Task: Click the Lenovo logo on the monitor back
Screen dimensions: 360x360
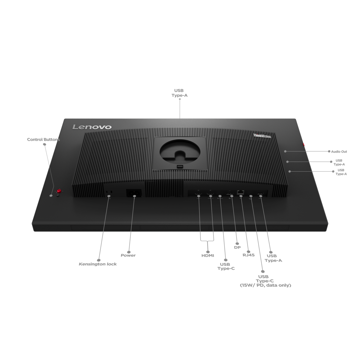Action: point(92,127)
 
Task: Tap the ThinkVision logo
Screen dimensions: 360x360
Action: point(262,136)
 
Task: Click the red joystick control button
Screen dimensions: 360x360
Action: point(59,191)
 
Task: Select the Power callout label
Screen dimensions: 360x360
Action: point(128,255)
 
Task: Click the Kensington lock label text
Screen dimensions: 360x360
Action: point(97,264)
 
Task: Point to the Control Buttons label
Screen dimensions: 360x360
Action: point(43,139)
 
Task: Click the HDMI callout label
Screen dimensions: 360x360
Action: point(208,256)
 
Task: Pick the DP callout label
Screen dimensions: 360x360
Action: point(237,248)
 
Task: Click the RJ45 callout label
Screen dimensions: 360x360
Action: point(248,255)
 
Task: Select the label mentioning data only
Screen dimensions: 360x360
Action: point(265,286)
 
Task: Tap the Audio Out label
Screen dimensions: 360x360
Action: point(337,152)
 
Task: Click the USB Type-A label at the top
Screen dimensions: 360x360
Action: point(179,92)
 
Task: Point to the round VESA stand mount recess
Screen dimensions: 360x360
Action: point(179,149)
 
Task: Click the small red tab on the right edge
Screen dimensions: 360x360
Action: point(304,145)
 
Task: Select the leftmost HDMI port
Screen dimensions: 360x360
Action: point(199,192)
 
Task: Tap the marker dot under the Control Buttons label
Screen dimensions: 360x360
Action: point(45,144)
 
